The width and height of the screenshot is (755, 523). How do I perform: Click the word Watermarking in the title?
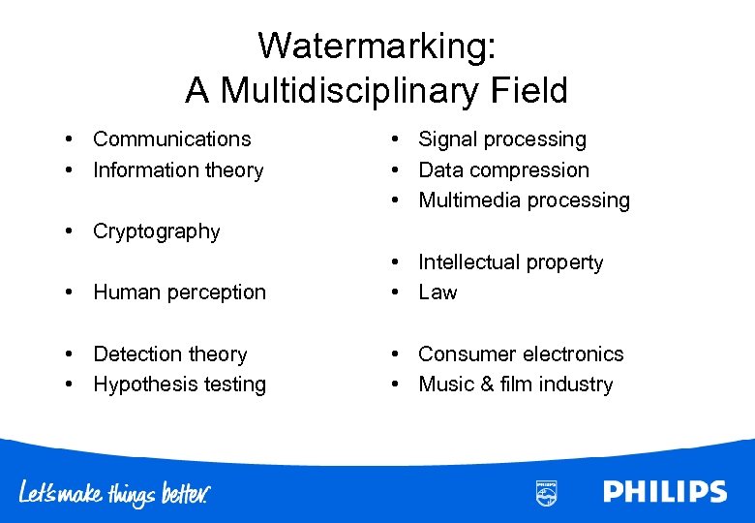click(x=377, y=46)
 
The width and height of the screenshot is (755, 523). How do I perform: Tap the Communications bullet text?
click(x=171, y=139)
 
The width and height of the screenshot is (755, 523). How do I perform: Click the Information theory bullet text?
click(x=178, y=170)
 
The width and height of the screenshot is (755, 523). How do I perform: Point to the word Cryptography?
click(x=156, y=231)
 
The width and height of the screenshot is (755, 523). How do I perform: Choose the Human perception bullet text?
click(x=179, y=292)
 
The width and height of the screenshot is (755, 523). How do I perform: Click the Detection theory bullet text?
click(x=169, y=354)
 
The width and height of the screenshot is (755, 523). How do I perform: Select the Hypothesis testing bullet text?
click(x=179, y=385)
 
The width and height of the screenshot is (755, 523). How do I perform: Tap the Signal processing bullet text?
click(x=501, y=139)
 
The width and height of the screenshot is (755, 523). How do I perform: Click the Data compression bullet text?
click(x=503, y=170)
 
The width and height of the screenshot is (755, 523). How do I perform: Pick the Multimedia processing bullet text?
click(x=524, y=200)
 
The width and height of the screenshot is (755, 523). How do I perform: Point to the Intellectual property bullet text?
click(x=510, y=262)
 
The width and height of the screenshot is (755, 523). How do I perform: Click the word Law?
click(x=438, y=292)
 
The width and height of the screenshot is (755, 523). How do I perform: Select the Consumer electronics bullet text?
click(x=521, y=354)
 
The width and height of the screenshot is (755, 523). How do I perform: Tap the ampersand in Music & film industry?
click(x=486, y=385)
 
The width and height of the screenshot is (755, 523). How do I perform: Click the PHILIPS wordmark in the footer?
click(x=665, y=492)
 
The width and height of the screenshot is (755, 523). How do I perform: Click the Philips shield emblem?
click(x=546, y=492)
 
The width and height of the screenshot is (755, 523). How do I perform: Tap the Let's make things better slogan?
click(x=114, y=493)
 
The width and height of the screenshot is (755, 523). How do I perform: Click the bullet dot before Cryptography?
click(x=72, y=231)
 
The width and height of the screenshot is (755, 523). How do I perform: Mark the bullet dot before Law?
click(x=397, y=292)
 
